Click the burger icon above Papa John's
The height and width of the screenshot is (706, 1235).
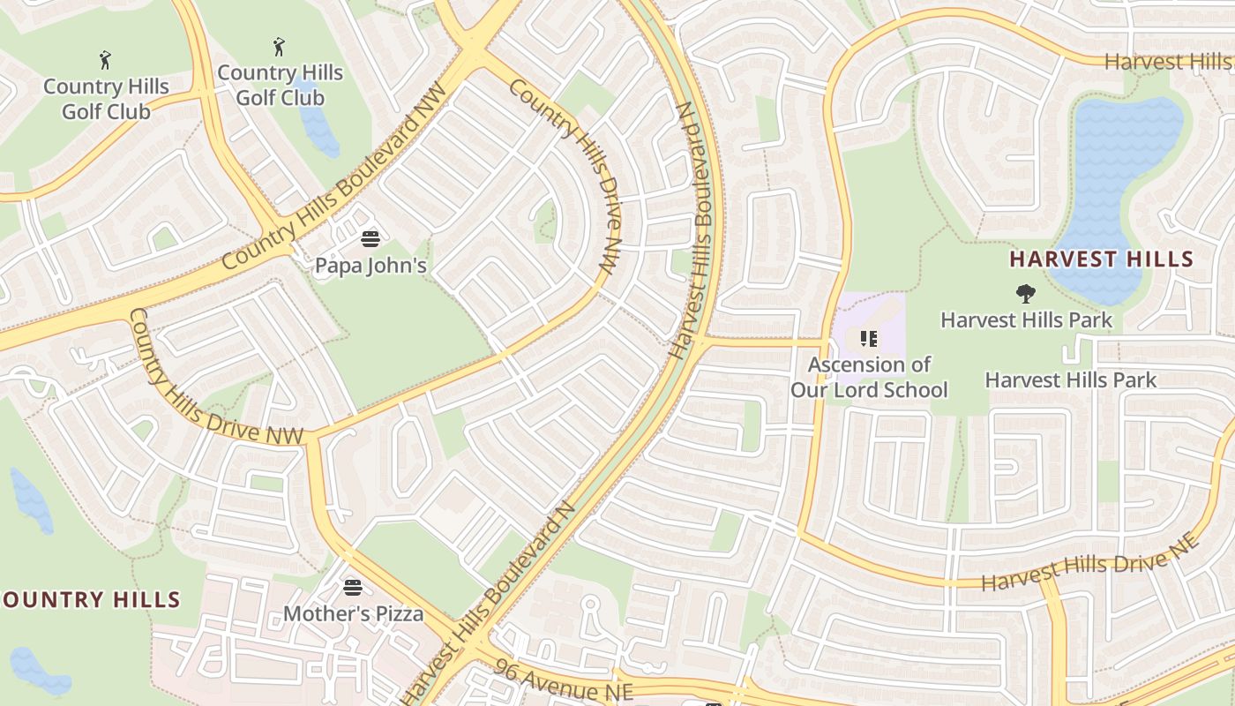[x=370, y=238]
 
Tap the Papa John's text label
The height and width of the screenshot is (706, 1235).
[x=370, y=265]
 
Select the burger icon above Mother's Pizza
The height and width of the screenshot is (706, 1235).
[x=353, y=587]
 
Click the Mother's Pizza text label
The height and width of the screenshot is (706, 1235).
[x=353, y=612]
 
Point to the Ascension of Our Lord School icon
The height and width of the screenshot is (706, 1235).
[x=868, y=339]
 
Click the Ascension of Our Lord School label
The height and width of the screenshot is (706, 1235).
[x=869, y=377]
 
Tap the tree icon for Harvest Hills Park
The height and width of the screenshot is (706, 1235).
[x=1025, y=293]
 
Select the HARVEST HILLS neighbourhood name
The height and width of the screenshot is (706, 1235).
[x=1101, y=259]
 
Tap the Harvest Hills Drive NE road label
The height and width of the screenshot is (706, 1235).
[x=1090, y=562]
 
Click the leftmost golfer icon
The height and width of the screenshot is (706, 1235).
[x=106, y=60]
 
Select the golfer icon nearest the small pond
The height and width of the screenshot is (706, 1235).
[x=280, y=46]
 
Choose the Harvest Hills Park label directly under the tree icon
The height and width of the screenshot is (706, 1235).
[x=1026, y=319]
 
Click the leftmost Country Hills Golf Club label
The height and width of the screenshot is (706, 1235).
[x=106, y=99]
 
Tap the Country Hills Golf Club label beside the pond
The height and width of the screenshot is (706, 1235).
[x=280, y=85]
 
